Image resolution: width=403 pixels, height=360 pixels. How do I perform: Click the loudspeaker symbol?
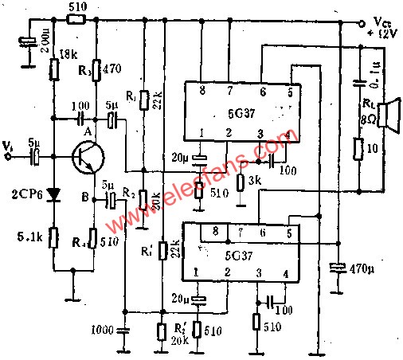point(388,115)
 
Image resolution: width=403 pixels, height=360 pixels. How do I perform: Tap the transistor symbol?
point(85,158)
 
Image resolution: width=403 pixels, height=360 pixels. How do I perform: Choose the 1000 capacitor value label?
point(101,328)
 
